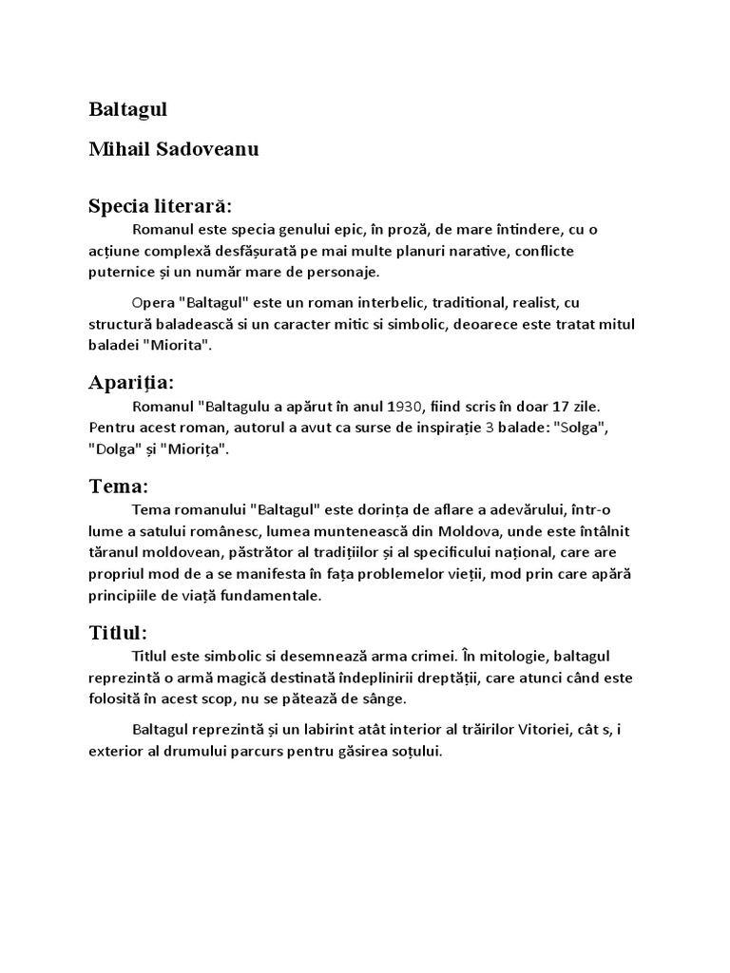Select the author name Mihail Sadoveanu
coord(174,149)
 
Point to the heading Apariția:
coord(131,383)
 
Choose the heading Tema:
coord(119,486)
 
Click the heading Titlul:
coord(118,633)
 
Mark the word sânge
coord(386,698)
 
